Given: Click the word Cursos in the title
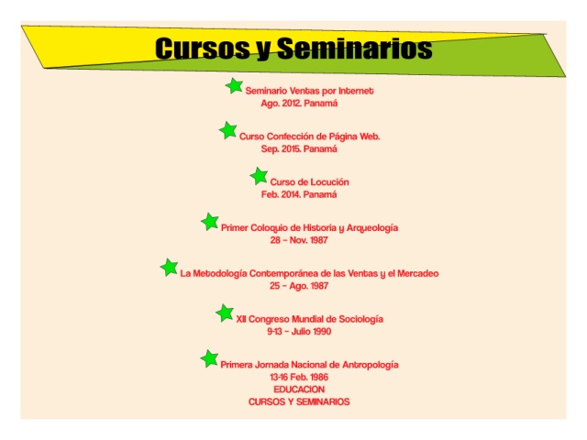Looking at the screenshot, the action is click(x=203, y=49).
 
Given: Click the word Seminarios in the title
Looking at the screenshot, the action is click(x=355, y=49).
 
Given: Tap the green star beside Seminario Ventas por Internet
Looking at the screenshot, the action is click(x=235, y=85).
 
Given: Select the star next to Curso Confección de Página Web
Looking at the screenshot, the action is click(x=228, y=130).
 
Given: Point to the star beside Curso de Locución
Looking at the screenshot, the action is click(x=259, y=176).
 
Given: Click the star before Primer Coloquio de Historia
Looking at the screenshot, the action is click(x=210, y=222).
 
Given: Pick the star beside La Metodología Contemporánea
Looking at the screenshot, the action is click(x=169, y=268).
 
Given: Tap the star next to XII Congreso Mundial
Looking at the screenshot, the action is click(x=225, y=313).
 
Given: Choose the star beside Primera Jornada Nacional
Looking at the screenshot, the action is click(x=209, y=358).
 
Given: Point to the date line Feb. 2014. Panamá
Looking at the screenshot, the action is click(x=299, y=194).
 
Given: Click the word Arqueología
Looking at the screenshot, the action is click(x=372, y=228).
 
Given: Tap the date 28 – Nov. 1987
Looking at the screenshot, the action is click(x=299, y=240).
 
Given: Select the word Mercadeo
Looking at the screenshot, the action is click(x=418, y=273).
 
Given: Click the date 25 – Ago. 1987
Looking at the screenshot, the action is click(x=299, y=286).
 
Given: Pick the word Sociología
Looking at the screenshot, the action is click(x=361, y=320).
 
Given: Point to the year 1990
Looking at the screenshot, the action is click(x=321, y=332).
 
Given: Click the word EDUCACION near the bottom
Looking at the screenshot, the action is click(x=299, y=390).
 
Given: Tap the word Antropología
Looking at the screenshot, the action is click(x=371, y=365).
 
